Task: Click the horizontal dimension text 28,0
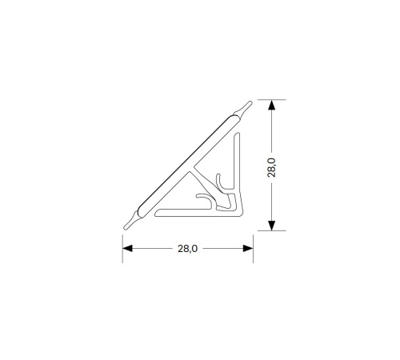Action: point(188,249)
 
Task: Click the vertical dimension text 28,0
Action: point(272,168)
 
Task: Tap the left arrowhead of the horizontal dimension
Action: point(127,249)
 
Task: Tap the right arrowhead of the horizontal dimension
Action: point(248,249)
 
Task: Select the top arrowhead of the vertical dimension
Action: point(271,105)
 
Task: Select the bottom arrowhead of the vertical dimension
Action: point(271,226)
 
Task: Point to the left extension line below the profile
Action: point(122,249)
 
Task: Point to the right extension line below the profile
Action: point(253,249)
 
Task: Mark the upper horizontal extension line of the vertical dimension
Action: point(272,99)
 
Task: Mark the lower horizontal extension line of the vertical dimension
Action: point(272,230)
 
